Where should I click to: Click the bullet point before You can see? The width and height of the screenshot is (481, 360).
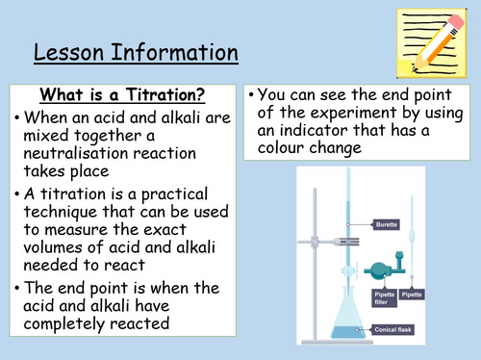(x=252, y=98)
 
